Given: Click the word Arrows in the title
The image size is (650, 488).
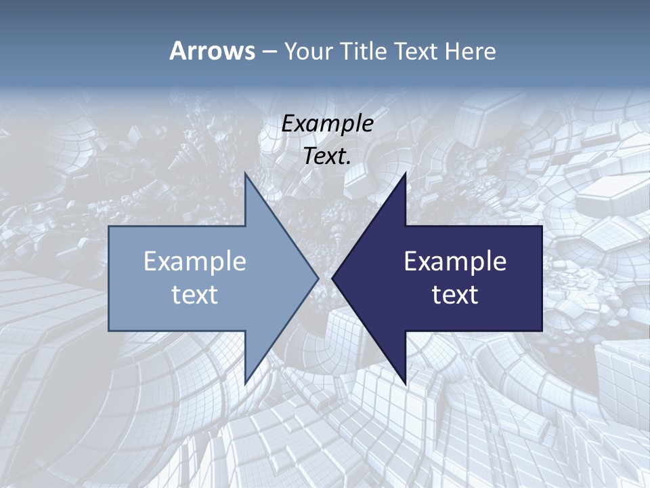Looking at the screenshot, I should pyautogui.click(x=212, y=51).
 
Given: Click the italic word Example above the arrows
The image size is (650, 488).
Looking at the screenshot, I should pyautogui.click(x=328, y=123).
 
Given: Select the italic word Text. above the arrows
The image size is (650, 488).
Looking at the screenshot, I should pyautogui.click(x=328, y=156).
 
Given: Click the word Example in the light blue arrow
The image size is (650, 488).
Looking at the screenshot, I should pyautogui.click(x=195, y=261).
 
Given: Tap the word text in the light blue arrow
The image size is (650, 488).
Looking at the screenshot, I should pyautogui.click(x=195, y=294).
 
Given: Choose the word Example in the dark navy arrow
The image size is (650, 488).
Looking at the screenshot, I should pyautogui.click(x=455, y=261).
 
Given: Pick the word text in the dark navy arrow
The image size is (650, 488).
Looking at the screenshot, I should pyautogui.click(x=455, y=294).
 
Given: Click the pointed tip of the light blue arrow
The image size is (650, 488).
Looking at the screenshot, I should pyautogui.click(x=318, y=278).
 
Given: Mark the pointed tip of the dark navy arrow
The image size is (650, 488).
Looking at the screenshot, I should pyautogui.click(x=332, y=278).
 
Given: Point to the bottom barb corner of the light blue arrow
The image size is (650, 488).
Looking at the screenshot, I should pyautogui.click(x=245, y=384).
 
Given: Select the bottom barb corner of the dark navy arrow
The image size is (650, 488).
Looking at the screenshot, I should pyautogui.click(x=406, y=384).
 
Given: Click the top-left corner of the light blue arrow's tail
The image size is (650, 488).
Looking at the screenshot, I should pyautogui.click(x=109, y=226).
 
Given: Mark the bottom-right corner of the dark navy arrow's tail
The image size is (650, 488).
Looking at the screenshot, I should pyautogui.click(x=542, y=331).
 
